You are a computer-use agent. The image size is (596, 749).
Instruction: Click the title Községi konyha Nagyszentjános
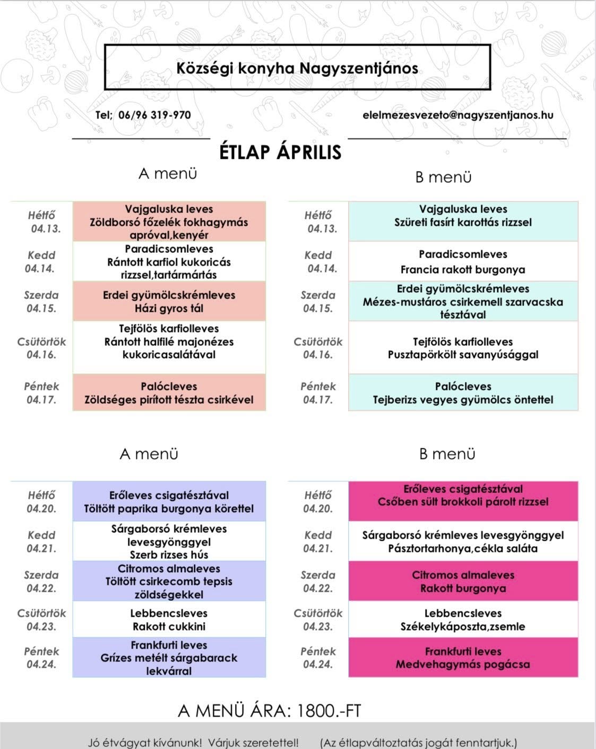click(297, 68)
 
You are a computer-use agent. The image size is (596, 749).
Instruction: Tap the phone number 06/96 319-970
click(154, 115)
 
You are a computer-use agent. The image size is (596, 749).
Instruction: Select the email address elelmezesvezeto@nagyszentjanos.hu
click(457, 115)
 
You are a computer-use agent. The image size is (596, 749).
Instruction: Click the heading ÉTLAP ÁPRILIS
click(280, 152)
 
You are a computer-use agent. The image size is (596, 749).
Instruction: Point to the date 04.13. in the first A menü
click(46, 229)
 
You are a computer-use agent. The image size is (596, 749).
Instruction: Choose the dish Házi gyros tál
click(169, 308)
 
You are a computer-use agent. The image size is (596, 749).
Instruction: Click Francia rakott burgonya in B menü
click(462, 269)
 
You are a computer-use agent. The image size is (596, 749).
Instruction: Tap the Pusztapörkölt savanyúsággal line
click(462, 354)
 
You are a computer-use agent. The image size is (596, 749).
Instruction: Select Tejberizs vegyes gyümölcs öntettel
click(462, 399)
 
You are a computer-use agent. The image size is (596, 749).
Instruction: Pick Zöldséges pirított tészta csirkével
click(169, 399)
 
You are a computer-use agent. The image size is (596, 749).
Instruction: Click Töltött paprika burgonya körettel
click(169, 508)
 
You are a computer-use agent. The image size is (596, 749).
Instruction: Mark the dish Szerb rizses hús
click(169, 555)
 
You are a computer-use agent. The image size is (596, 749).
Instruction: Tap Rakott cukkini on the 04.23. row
click(169, 626)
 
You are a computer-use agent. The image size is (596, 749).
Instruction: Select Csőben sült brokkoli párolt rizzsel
click(462, 502)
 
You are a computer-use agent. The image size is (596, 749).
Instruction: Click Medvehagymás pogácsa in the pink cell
click(462, 664)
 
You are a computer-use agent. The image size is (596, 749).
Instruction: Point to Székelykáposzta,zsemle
click(462, 626)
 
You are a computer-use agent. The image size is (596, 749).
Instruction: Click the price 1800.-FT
click(329, 711)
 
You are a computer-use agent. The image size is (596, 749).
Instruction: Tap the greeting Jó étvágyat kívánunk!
click(145, 742)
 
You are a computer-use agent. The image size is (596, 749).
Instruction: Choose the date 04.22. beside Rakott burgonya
click(318, 588)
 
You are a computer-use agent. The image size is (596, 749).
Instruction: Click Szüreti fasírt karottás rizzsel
click(462, 222)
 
